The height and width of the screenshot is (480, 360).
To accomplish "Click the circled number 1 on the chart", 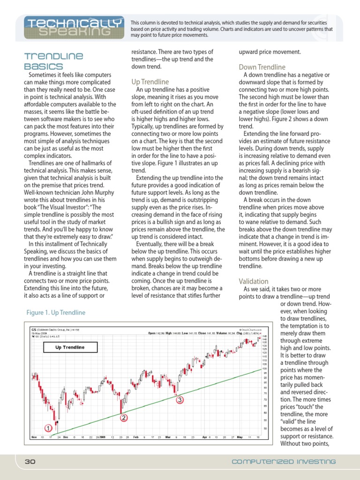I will [48, 427].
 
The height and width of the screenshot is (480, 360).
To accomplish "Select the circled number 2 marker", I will [123, 418].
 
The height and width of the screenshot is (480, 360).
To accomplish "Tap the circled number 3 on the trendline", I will [179, 400].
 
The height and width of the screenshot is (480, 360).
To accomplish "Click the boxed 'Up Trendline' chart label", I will [70, 347].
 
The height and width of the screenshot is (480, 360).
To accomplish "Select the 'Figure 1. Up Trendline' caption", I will [56, 312].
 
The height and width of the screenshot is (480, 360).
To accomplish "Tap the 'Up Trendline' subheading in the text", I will [150, 82].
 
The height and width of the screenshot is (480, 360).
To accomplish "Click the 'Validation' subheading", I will [254, 281].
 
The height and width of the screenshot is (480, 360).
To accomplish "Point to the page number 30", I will [30, 462].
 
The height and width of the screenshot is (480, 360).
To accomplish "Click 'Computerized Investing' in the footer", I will [284, 462].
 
